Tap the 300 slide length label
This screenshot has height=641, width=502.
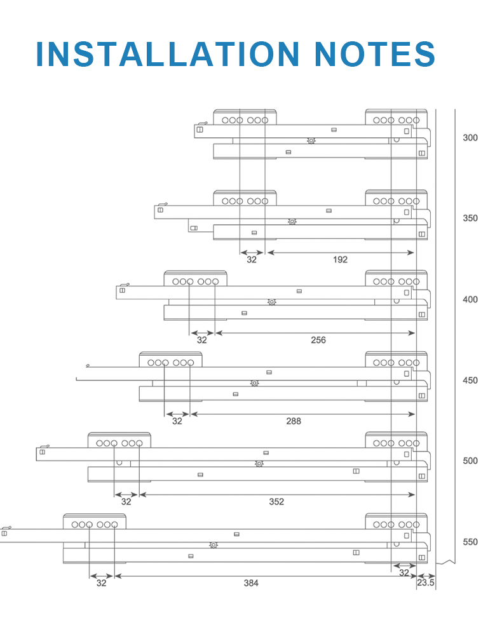(470, 138)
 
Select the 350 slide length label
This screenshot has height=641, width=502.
(470, 219)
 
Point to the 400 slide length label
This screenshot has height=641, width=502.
(470, 300)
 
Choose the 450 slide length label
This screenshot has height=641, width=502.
(470, 381)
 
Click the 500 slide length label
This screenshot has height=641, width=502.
(470, 461)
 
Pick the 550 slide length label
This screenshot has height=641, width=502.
(470, 542)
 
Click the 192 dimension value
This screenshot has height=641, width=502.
(340, 260)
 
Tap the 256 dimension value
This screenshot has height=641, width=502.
(318, 340)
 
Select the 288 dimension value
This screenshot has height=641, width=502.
(294, 421)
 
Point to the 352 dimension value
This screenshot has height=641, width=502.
(276, 502)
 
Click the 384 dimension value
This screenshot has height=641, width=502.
(251, 583)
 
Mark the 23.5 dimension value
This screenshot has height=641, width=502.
(426, 583)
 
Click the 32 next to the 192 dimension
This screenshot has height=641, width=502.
(252, 260)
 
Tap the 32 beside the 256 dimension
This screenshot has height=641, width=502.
(202, 340)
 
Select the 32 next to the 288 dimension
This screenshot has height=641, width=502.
(177, 421)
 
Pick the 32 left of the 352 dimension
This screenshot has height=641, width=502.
(126, 502)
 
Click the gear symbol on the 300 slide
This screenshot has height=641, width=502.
(311, 140)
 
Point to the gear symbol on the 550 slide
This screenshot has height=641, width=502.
(214, 545)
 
